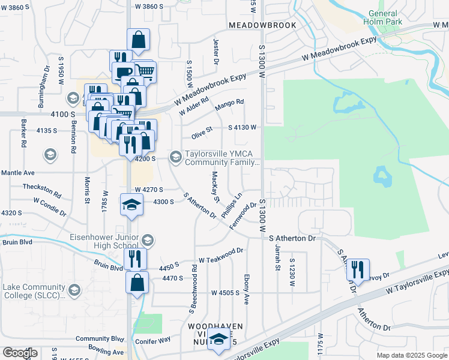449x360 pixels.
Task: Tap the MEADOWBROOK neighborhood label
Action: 262,25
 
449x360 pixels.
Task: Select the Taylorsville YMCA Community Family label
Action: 222,158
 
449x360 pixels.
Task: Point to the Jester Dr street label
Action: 215,50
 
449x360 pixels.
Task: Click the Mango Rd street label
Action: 232,103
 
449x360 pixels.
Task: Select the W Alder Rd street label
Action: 193,107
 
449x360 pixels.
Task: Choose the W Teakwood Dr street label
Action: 220,256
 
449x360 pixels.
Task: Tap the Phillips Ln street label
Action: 231,205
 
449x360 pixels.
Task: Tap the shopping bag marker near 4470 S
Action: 137,281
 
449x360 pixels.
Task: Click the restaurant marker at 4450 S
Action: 135,259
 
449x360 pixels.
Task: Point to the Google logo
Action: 20,352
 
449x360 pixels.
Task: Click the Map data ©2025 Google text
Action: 411,355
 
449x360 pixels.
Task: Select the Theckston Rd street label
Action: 41,190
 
